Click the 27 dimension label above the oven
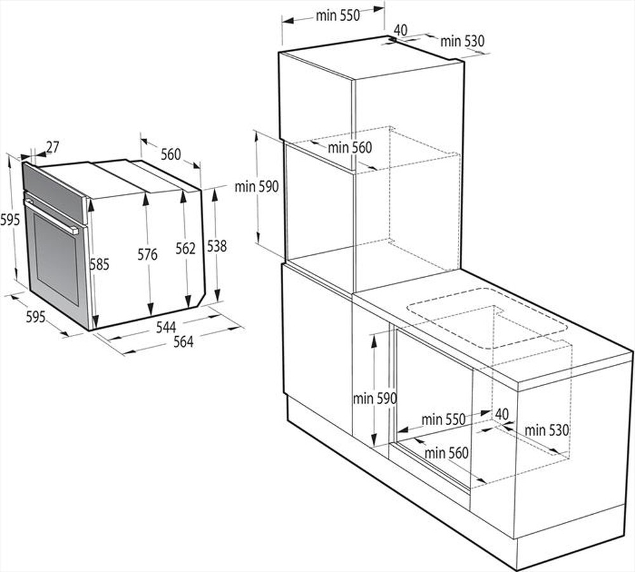click(52, 147)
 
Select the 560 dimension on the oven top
click(170, 154)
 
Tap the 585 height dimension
click(99, 264)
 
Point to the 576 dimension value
click(147, 255)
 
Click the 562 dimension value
click(185, 249)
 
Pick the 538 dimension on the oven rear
click(217, 246)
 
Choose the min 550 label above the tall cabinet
click(338, 16)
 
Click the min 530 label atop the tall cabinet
click(462, 41)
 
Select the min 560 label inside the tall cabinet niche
click(350, 147)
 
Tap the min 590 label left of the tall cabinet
click(257, 187)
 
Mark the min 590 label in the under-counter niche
click(375, 398)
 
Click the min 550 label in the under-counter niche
click(443, 419)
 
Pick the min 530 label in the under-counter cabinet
click(546, 430)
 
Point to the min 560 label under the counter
click(446, 453)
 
